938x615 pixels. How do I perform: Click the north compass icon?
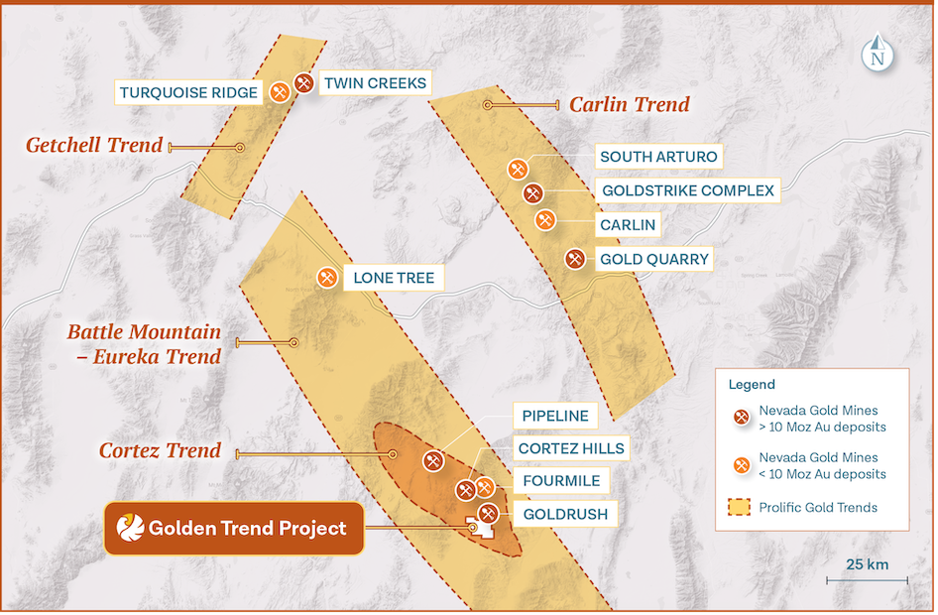tap(876, 54)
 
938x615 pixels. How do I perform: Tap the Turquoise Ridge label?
tap(189, 93)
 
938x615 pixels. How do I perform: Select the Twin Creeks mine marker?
tap(304, 83)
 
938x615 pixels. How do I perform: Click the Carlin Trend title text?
tap(629, 104)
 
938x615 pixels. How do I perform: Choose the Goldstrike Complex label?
tap(687, 190)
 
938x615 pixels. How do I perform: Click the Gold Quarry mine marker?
tap(574, 259)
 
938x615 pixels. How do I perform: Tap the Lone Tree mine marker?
tap(326, 278)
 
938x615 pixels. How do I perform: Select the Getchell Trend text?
tap(94, 146)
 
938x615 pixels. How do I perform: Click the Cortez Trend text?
tap(160, 450)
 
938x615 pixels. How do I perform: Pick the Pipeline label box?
tap(555, 417)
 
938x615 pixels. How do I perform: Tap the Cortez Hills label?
tap(571, 448)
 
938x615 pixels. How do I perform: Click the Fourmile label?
tap(560, 481)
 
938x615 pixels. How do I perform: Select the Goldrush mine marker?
tap(488, 513)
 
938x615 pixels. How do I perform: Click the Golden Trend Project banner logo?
tap(130, 528)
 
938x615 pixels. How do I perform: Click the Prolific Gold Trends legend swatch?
tap(739, 508)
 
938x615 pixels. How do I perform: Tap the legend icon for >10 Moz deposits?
tap(739, 418)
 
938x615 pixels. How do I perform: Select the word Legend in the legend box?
tap(752, 384)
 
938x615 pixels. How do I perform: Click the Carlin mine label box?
tap(628, 224)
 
